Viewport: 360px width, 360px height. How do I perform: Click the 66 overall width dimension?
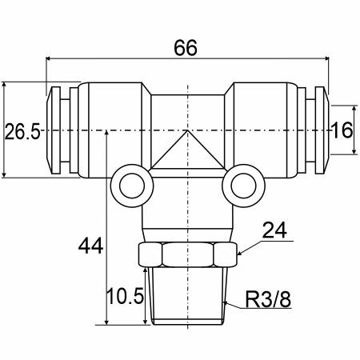186,48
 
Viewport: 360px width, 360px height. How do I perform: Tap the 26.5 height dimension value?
22,131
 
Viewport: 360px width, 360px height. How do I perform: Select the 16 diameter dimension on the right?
342,130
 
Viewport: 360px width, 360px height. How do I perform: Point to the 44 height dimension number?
90,246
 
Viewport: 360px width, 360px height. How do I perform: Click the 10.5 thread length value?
125,296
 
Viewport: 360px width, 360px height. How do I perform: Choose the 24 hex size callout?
274,230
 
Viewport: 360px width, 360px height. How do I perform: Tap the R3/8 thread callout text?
268,299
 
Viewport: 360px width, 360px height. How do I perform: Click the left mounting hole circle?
132,186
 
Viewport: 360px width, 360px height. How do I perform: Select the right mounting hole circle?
243,186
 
